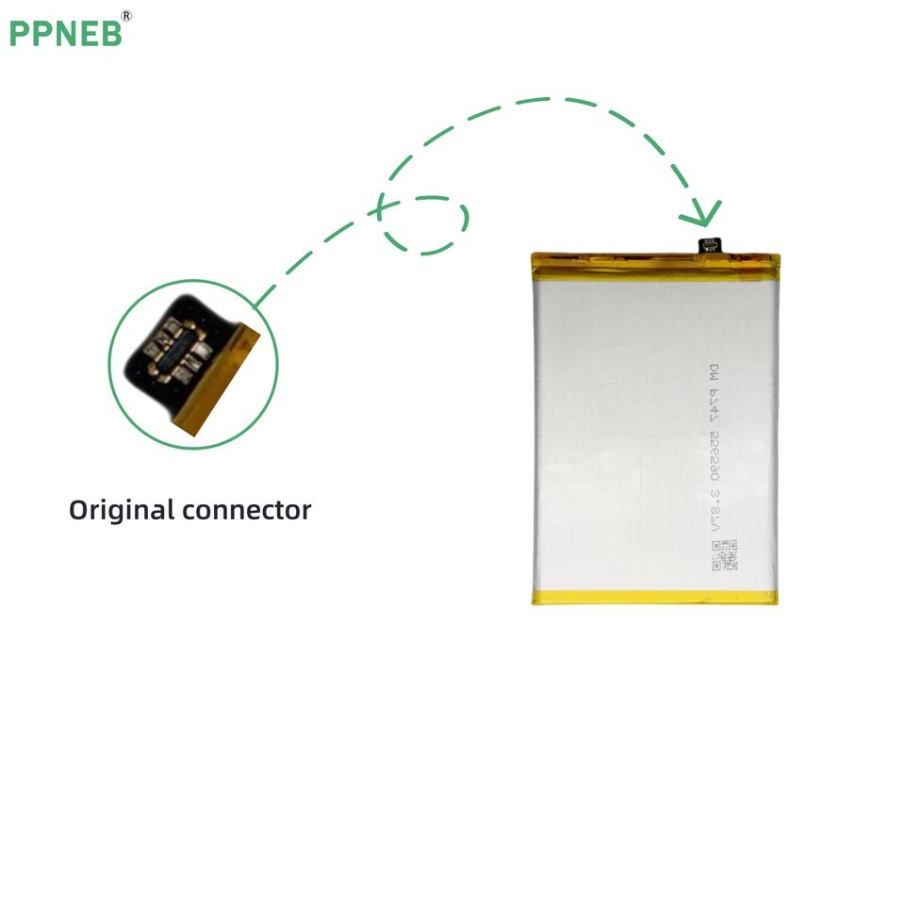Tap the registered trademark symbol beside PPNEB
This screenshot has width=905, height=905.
[127, 15]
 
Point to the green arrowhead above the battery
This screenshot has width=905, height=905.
[702, 214]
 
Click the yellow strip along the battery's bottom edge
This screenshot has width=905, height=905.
[654, 597]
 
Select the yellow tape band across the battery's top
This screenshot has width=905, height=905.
[654, 261]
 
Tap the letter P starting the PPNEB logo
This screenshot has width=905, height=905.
[20, 33]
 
